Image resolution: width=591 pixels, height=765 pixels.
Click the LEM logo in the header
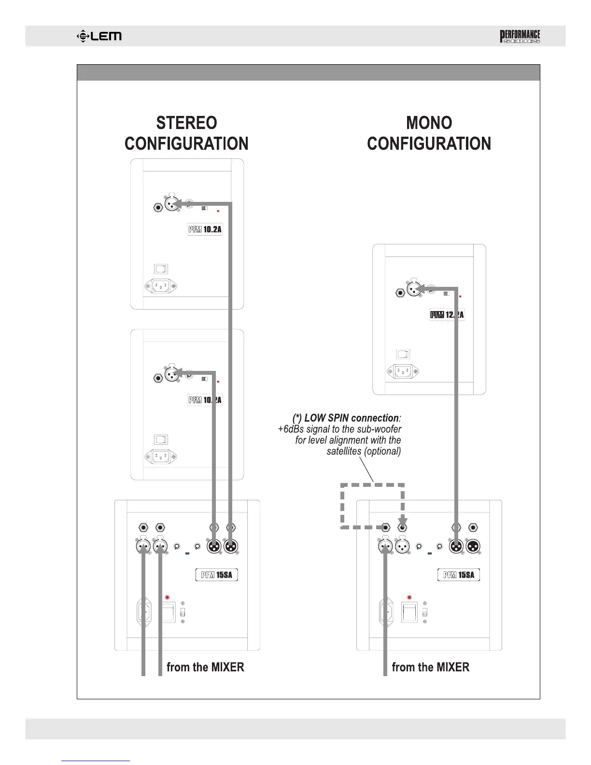[x=99, y=36]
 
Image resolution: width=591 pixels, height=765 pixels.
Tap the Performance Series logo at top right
[x=520, y=37]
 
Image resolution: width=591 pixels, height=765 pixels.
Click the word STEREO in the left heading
[x=186, y=123]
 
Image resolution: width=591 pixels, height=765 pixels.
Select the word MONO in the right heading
[x=429, y=123]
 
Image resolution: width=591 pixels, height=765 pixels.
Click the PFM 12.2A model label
[x=447, y=315]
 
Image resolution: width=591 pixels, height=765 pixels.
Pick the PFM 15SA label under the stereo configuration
[x=217, y=575]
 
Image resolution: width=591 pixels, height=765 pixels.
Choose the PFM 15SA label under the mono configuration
[x=459, y=575]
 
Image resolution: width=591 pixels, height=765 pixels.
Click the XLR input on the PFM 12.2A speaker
[x=413, y=290]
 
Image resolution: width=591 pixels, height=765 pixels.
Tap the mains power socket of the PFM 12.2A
[x=403, y=371]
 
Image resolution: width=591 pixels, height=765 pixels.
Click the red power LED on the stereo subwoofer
[x=168, y=597]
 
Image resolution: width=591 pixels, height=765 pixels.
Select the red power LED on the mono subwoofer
[x=409, y=597]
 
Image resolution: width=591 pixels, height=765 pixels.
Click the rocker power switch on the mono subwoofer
[x=410, y=612]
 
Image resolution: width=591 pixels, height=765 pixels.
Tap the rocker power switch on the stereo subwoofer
[x=168, y=612]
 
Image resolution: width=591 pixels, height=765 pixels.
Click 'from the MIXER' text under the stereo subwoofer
[x=205, y=667]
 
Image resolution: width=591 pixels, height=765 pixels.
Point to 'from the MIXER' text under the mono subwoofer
[x=430, y=667]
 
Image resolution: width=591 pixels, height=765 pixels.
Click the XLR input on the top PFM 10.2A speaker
[x=171, y=204]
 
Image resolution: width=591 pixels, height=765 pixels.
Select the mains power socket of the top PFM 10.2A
[x=161, y=286]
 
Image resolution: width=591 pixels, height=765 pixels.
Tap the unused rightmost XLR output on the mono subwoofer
[x=473, y=547]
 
